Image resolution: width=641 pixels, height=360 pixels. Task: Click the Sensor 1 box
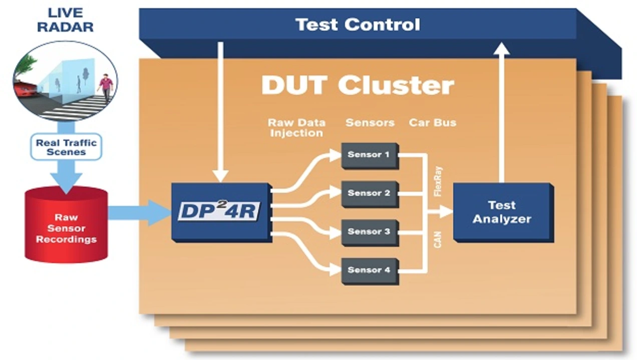point(369,155)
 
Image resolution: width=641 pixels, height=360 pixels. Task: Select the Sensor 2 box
point(369,193)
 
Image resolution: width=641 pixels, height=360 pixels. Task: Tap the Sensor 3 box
point(369,232)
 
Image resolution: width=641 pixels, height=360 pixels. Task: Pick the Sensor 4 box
point(369,270)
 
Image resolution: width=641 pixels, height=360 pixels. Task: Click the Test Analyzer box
point(502,212)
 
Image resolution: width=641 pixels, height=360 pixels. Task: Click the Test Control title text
point(358,25)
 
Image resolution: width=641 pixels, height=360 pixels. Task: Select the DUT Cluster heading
point(358,86)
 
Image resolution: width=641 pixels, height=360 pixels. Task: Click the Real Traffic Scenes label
point(67,147)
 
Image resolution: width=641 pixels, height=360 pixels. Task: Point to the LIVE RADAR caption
point(66,20)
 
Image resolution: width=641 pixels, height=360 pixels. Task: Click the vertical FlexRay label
point(439,181)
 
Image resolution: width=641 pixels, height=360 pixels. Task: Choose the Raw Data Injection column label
point(295,128)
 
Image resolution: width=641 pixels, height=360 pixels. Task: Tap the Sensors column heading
point(370,123)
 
